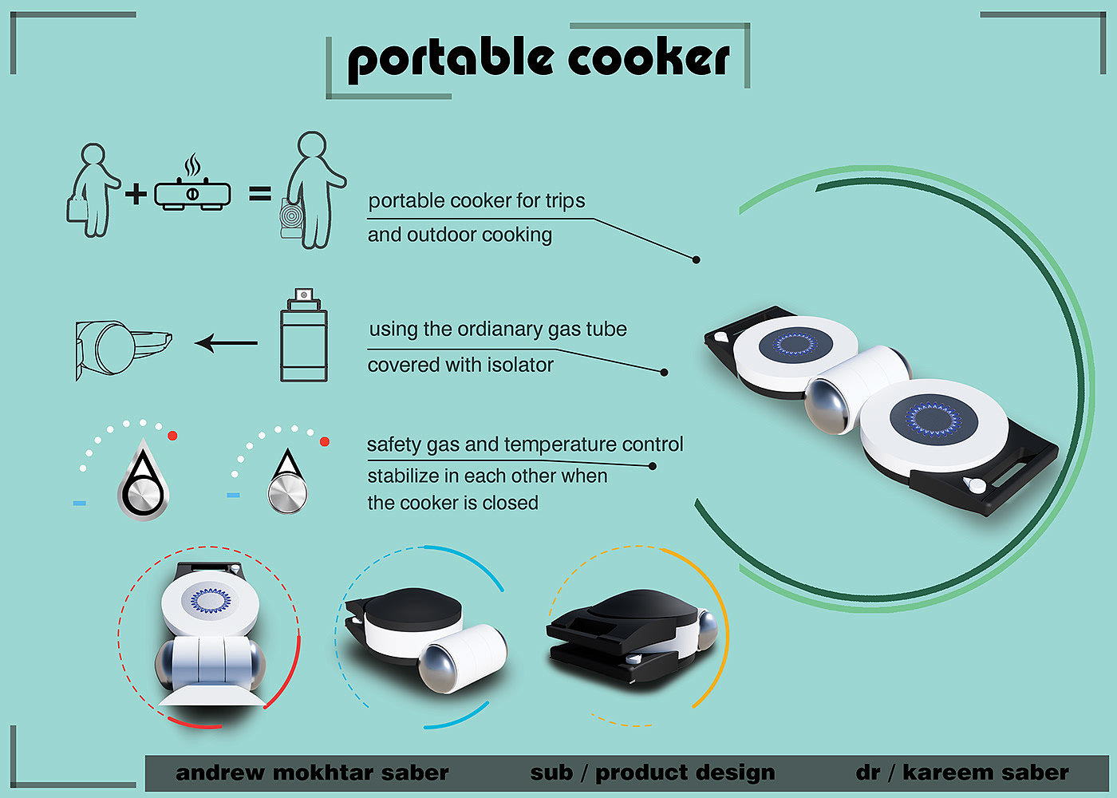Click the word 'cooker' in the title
[648, 57]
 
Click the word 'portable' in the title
[451, 59]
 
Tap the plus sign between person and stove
[136, 193]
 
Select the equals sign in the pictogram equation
[260, 193]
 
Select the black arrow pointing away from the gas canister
[227, 343]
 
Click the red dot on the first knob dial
[172, 436]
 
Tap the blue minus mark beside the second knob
[233, 496]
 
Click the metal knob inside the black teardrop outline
[142, 495]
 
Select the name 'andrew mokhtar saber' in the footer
[312, 772]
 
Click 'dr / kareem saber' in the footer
[961, 772]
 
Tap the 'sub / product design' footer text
[652, 772]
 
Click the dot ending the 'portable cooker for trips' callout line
[697, 260]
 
